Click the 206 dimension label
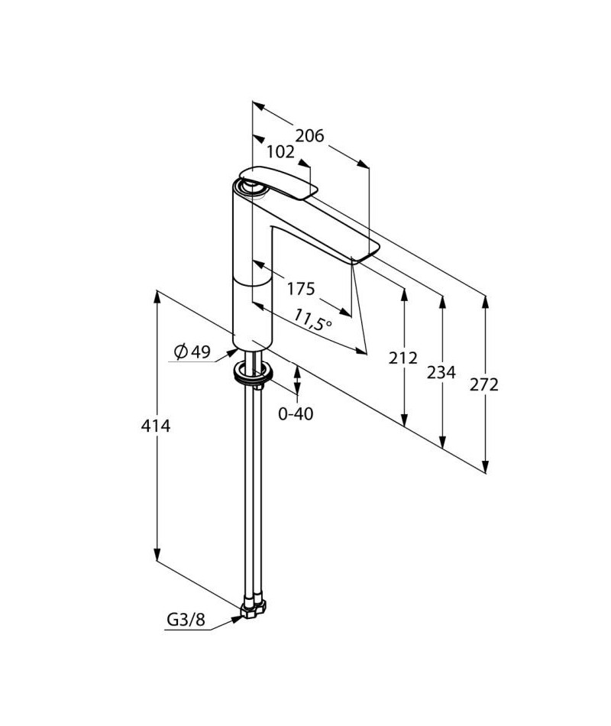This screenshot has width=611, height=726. tap(309, 136)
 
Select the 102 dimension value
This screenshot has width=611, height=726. tap(280, 152)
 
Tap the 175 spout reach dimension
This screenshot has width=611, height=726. tap(301, 289)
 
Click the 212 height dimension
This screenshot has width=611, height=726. tap(402, 358)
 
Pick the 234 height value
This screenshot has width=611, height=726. tap(441, 372)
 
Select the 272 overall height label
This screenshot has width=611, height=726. tap(484, 384)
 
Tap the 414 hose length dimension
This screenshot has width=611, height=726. tap(156, 426)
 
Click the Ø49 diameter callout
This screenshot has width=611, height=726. tap(192, 352)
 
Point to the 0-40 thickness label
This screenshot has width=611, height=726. tap(296, 413)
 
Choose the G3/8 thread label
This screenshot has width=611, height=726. tap(186, 619)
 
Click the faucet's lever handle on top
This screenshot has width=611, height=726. tap(279, 183)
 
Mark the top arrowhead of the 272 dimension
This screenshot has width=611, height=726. tap(485, 302)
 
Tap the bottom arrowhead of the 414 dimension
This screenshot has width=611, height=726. tap(157, 554)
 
